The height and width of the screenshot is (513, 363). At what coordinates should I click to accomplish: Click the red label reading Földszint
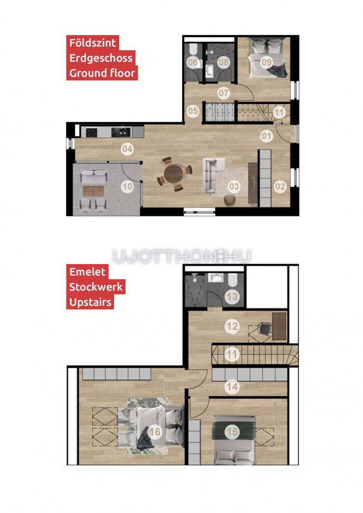point(93,43)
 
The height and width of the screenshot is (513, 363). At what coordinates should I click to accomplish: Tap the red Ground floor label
point(102,73)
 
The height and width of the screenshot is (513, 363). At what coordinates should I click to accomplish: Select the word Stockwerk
point(96,287)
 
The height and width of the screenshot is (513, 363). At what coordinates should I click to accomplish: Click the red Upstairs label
point(90,302)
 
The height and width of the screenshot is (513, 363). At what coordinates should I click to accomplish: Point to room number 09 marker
point(267,62)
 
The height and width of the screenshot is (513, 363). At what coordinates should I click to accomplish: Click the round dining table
point(174,174)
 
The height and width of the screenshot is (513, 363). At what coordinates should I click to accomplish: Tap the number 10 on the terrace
point(127,187)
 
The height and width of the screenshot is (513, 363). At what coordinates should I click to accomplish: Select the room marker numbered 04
point(127,150)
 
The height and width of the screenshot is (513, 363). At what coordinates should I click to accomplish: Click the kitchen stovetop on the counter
point(92,132)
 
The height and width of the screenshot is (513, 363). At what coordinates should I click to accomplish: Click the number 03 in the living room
point(234,187)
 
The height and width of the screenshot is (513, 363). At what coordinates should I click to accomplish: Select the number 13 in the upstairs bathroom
point(232,297)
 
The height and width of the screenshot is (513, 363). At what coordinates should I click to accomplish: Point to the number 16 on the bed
point(155,432)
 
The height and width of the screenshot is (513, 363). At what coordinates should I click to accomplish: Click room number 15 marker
point(232,432)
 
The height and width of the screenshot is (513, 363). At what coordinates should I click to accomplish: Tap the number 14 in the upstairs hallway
point(232,387)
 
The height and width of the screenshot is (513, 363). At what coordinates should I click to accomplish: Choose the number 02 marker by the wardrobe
point(280,187)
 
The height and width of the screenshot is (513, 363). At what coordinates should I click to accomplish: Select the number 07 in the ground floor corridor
point(224,93)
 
